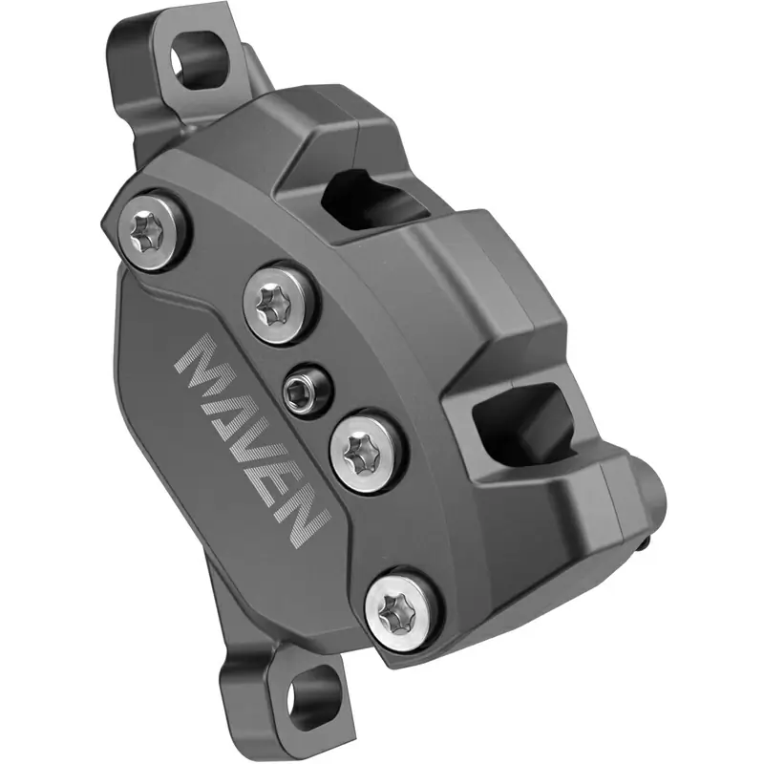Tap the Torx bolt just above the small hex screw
pos(275,304)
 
